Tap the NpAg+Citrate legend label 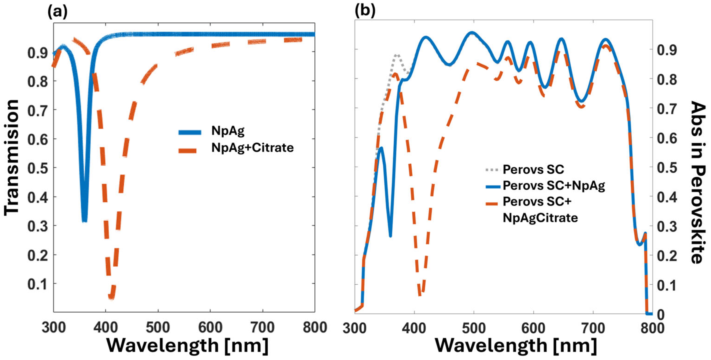[x=252, y=148]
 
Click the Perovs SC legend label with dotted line [x=533, y=169]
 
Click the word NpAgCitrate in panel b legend [x=540, y=218]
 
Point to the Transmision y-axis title [x=12, y=158]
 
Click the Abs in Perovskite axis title [x=698, y=182]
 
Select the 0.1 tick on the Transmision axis [x=37, y=284]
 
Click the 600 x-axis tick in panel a [x=210, y=328]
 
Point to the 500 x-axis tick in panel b [x=474, y=328]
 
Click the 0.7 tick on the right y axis [x=667, y=109]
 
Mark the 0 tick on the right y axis [x=661, y=314]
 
